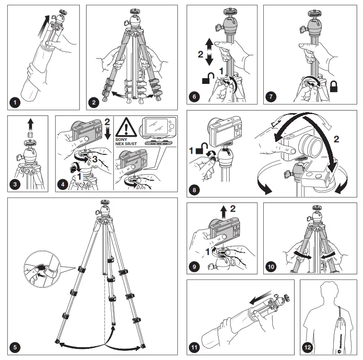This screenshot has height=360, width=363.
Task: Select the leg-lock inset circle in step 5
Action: click(x=42, y=267)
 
